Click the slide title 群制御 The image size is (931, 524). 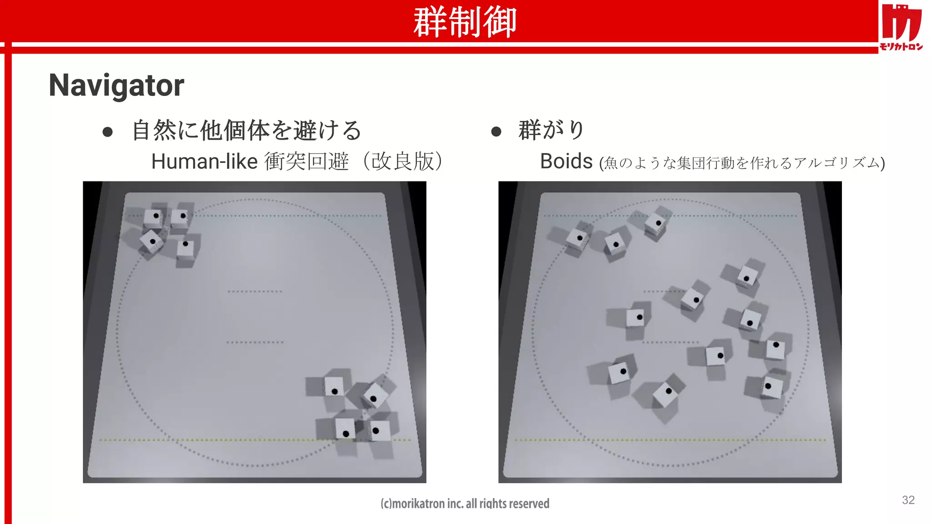tap(465, 22)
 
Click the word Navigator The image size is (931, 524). tap(116, 86)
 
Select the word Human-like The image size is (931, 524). tap(205, 161)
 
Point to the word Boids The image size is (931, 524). tap(566, 161)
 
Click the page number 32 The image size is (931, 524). tap(908, 500)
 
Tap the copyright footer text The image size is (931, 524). tap(465, 503)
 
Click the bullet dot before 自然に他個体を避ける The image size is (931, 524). tap(108, 132)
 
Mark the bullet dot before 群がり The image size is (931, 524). tap(496, 132)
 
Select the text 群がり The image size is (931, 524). tap(551, 130)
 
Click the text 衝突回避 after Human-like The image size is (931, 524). tap(306, 161)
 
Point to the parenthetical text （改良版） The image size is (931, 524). tap(402, 161)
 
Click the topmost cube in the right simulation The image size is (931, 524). tap(656, 224)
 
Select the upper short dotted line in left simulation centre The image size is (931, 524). tap(255, 291)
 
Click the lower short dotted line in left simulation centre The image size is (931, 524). tap(255, 342)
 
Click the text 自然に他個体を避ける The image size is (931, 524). tap(246, 131)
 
